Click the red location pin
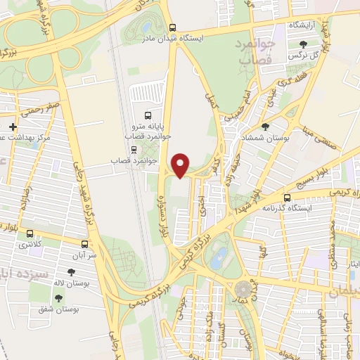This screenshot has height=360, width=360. tap(181, 165)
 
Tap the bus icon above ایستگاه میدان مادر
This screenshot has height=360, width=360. tap(173, 28)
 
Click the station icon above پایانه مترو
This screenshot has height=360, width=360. tap(147, 115)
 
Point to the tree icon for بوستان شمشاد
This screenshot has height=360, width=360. tap(264, 127)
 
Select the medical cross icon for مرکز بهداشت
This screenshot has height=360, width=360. tap(13, 127)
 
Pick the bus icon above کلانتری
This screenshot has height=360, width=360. tap(30, 233)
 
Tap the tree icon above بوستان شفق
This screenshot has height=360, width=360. tap(58, 298)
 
